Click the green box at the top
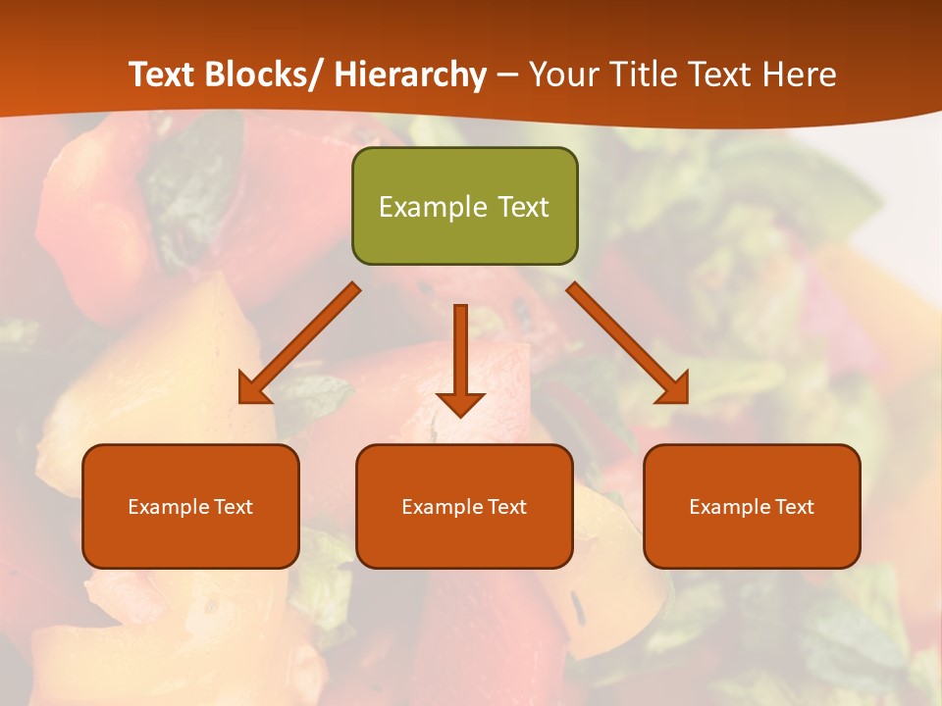pyautogui.click(x=464, y=206)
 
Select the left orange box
pyautogui.click(x=190, y=506)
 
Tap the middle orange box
pyautogui.click(x=464, y=506)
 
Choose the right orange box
pyautogui.click(x=752, y=506)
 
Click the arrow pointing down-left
pyautogui.click(x=299, y=343)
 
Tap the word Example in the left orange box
pyautogui.click(x=164, y=507)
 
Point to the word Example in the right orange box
pyautogui.click(x=725, y=507)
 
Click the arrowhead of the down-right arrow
pyautogui.click(x=674, y=389)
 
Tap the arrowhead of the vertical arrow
pyautogui.click(x=460, y=403)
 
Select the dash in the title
pyautogui.click(x=507, y=76)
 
